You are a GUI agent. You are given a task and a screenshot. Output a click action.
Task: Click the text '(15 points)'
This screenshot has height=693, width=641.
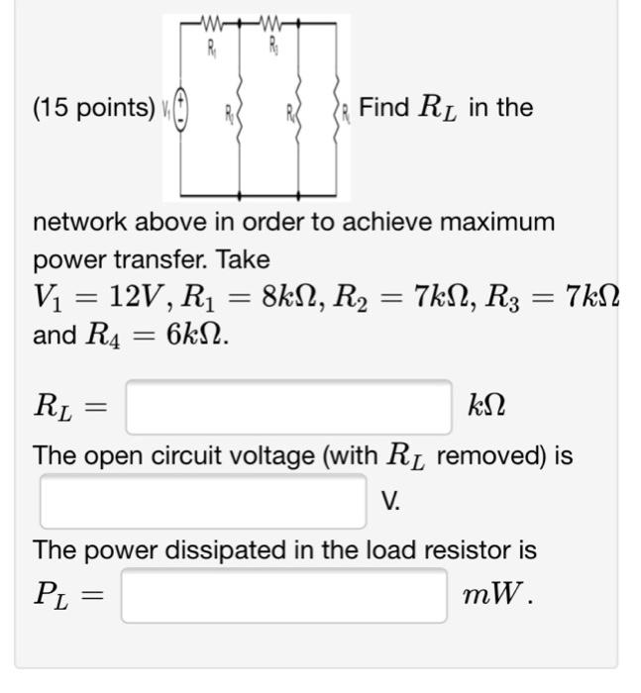point(87,107)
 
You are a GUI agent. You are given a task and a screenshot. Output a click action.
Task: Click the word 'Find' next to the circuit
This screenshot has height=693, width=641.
point(384,106)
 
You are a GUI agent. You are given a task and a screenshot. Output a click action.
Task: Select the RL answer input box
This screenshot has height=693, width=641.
point(288,407)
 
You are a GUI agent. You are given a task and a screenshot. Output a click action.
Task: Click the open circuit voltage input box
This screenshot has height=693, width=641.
point(203,501)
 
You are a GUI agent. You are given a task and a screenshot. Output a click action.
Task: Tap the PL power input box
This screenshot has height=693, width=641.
point(284,595)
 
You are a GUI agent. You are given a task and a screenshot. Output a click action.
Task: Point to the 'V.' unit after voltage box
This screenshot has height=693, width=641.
point(391,502)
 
